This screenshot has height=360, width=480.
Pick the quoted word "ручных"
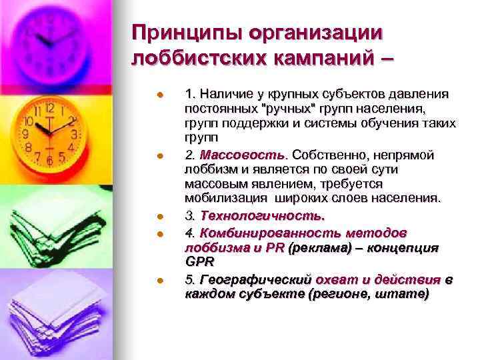(x=273, y=108)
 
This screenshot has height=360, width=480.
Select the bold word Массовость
(x=227, y=155)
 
